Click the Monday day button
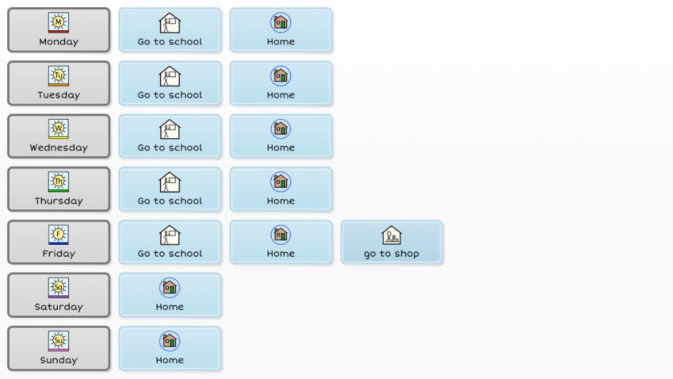pyautogui.click(x=58, y=30)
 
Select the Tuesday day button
pyautogui.click(x=58, y=84)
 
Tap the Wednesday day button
pyautogui.click(x=58, y=136)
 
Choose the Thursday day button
pyautogui.click(x=58, y=189)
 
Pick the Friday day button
pyautogui.click(x=58, y=242)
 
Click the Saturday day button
pyautogui.click(x=58, y=295)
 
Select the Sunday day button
pyautogui.click(x=58, y=349)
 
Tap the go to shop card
pyautogui.click(x=392, y=242)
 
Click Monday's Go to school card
pyautogui.click(x=170, y=30)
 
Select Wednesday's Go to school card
pyautogui.click(x=170, y=136)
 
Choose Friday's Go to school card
pyautogui.click(x=170, y=242)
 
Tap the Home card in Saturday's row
pyautogui.click(x=170, y=295)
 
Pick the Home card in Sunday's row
pyautogui.click(x=170, y=349)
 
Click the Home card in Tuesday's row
pyautogui.click(x=281, y=84)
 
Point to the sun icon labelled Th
pyautogui.click(x=58, y=181)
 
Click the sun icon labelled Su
pyautogui.click(x=58, y=340)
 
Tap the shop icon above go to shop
pyautogui.click(x=392, y=235)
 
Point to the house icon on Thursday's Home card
pyautogui.click(x=281, y=182)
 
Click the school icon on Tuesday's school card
pyautogui.click(x=170, y=76)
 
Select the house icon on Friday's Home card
pyautogui.click(x=281, y=235)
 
